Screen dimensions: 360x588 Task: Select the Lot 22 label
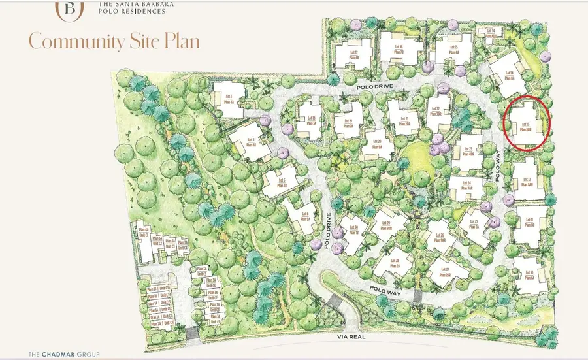coord(436,112)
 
